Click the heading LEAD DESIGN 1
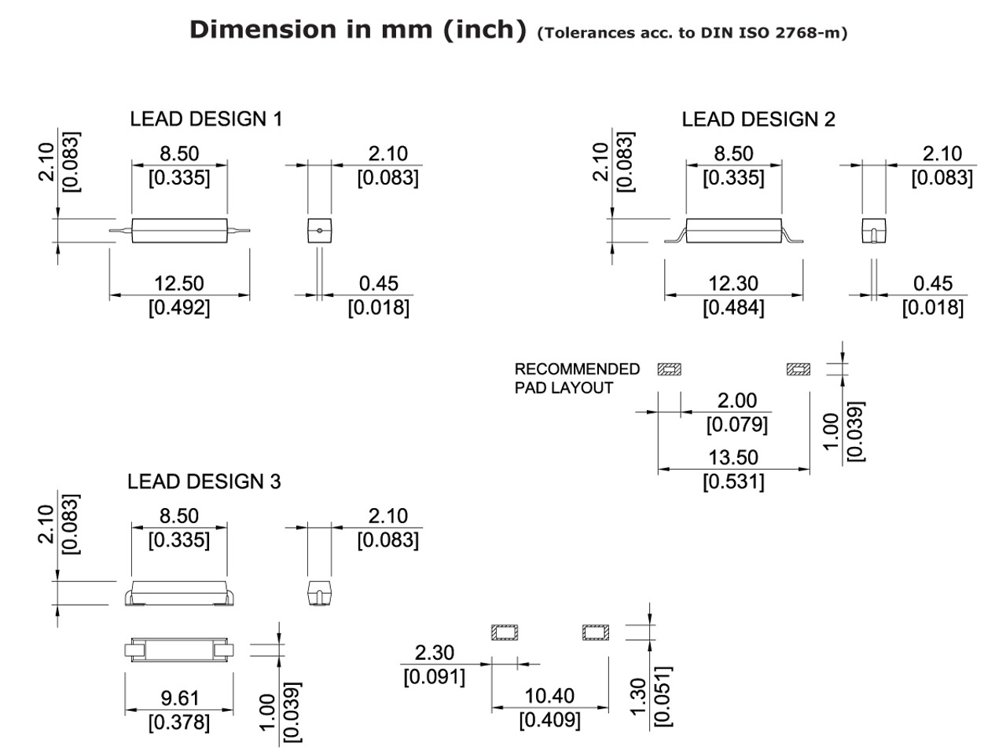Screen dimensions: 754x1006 206,119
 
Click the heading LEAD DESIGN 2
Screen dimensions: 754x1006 758,119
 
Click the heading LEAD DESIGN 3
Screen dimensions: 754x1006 204,481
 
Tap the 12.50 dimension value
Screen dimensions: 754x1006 179,284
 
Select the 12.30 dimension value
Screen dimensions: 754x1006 732,284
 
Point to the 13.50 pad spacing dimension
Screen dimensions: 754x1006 732,458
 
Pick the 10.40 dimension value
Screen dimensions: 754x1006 549,696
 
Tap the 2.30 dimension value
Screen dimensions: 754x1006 434,653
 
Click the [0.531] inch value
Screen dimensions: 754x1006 732,481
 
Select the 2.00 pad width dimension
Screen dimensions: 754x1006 736,401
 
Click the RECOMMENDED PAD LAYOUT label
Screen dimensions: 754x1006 577,378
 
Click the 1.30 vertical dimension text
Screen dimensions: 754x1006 638,697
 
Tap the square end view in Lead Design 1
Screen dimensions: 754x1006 318,231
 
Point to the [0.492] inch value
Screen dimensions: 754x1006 179,307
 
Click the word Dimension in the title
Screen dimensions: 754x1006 249,30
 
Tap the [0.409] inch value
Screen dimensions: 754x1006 549,719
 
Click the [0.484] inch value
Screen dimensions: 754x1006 732,307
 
